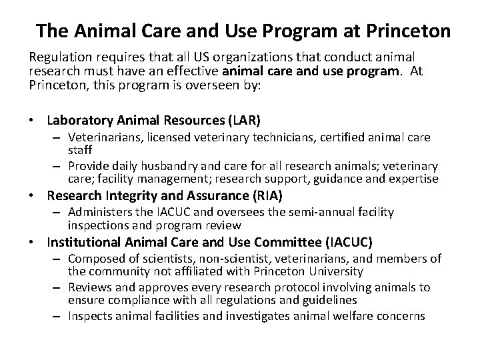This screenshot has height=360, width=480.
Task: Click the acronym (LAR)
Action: [x=242, y=120]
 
